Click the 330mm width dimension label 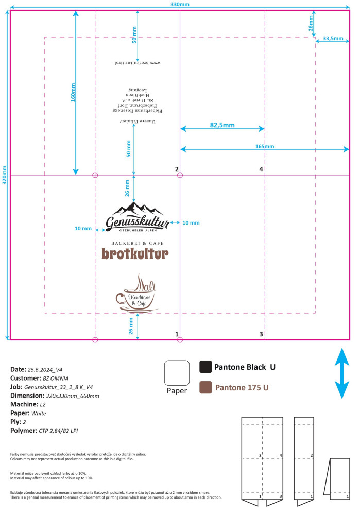180,4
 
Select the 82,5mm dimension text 222,125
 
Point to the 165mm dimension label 265,147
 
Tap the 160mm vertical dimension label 73,92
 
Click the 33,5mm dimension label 333,38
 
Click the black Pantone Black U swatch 205,367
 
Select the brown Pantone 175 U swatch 205,387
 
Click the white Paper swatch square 177,372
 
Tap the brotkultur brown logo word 134,254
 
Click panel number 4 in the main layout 261,169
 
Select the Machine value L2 43,404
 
